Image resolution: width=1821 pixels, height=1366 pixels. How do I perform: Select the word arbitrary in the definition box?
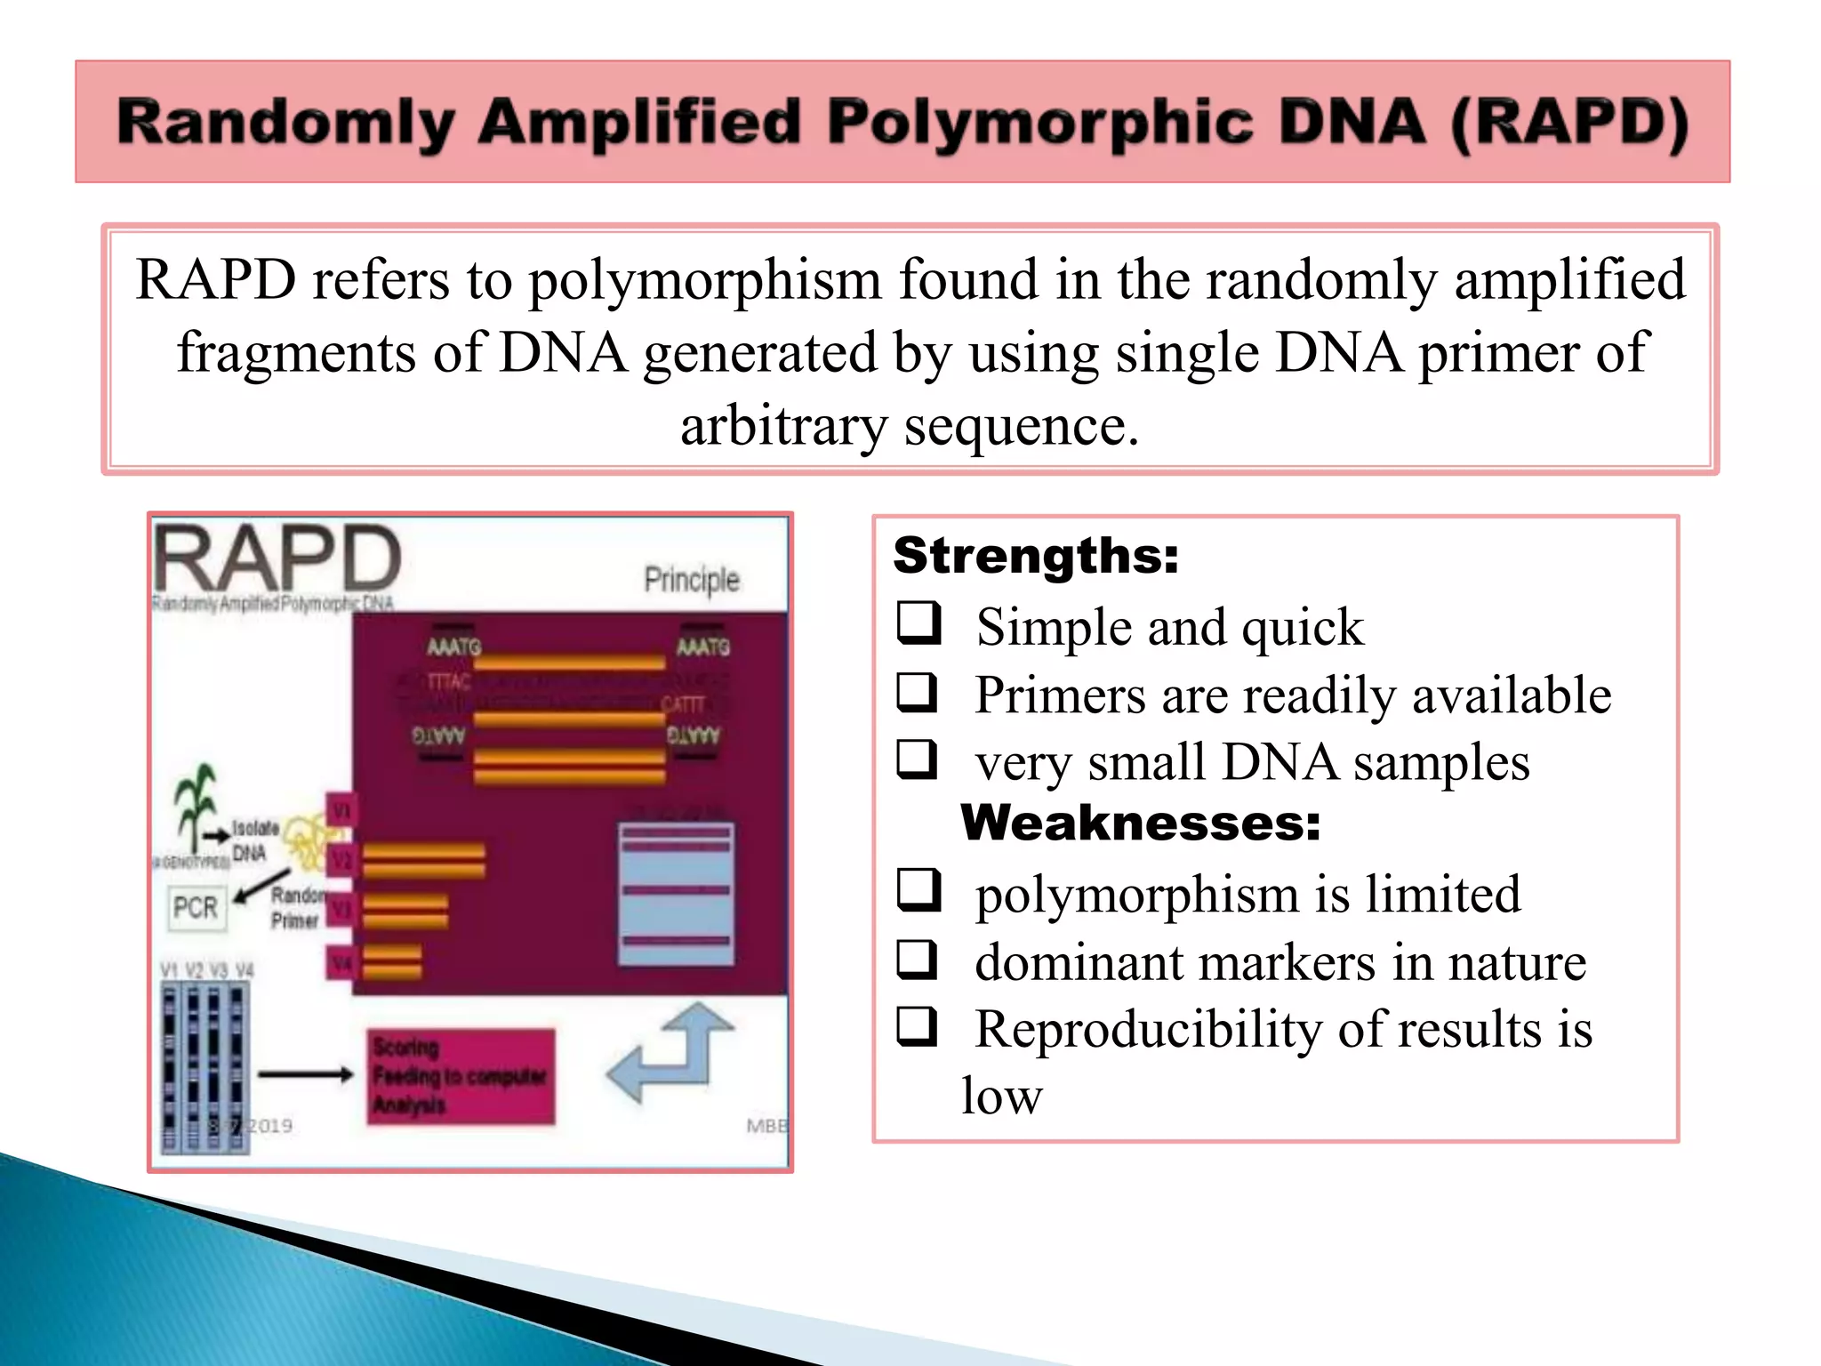tap(783, 425)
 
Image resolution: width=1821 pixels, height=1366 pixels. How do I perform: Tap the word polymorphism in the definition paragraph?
tap(704, 279)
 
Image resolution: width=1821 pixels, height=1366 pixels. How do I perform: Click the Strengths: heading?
tap(1036, 555)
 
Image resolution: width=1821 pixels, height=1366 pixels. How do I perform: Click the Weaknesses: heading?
tap(1140, 823)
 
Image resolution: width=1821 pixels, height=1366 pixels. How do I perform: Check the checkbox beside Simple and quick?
tap(918, 623)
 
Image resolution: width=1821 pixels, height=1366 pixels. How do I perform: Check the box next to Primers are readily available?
tap(918, 692)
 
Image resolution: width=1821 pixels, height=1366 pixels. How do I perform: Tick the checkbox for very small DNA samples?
tap(918, 759)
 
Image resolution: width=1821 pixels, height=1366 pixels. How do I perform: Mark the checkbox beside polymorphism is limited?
tap(918, 890)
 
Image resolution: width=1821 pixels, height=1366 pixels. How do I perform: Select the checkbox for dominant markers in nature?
tap(918, 960)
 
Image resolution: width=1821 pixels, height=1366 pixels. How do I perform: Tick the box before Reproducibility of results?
tap(918, 1026)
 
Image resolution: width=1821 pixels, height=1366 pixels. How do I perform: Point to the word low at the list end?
tap(1001, 1096)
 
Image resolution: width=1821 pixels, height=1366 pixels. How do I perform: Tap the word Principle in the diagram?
tap(691, 580)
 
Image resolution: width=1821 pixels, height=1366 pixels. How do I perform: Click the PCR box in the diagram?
tap(196, 907)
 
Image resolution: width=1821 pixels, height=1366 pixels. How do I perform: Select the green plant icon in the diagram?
tap(194, 805)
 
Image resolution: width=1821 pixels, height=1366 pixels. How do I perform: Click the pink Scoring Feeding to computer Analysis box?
tap(461, 1076)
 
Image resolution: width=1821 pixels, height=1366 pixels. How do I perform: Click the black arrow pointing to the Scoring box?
tap(305, 1074)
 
